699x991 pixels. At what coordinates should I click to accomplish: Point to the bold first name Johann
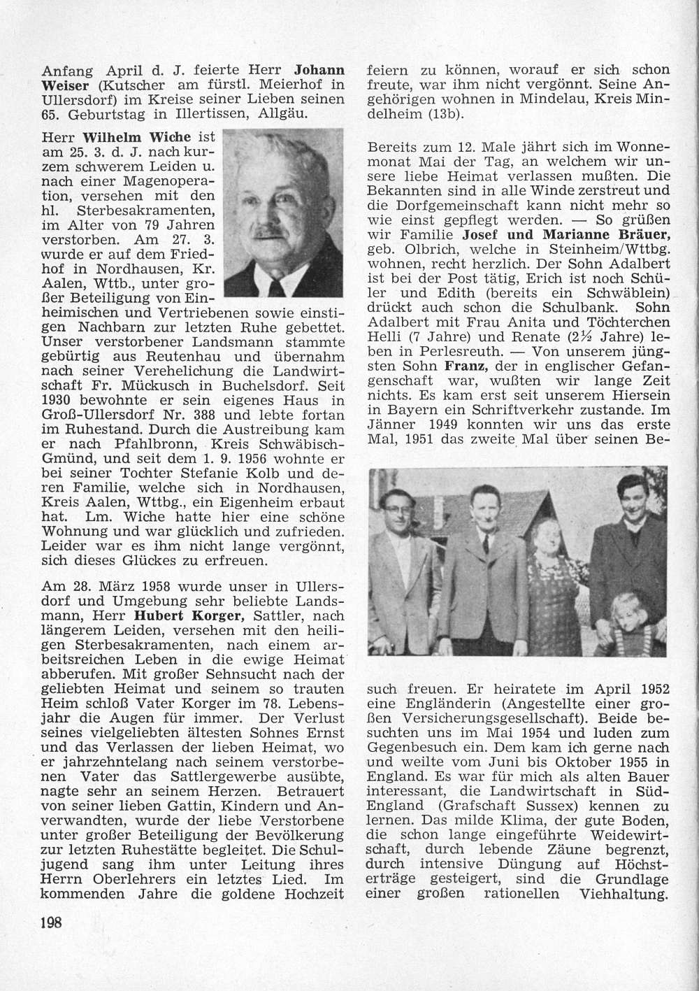tap(319, 69)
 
